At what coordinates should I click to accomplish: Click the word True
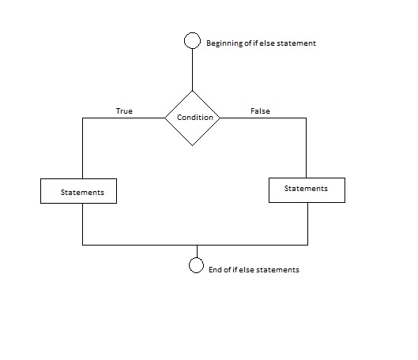pyautogui.click(x=124, y=111)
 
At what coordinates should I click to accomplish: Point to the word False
pyautogui.click(x=260, y=111)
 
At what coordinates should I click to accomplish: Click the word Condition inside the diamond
pyautogui.click(x=195, y=118)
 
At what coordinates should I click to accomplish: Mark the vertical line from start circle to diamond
pyautogui.click(x=193, y=69)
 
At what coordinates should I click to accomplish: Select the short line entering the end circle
pyautogui.click(x=197, y=251)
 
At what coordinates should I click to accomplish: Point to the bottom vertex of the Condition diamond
pyautogui.click(x=193, y=145)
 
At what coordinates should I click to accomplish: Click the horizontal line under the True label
pyautogui.click(x=124, y=118)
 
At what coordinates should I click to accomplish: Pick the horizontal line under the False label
pyautogui.click(x=263, y=118)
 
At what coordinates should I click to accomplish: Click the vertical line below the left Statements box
pyautogui.click(x=83, y=224)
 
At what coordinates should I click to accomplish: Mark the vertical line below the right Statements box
pyautogui.click(x=308, y=223)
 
